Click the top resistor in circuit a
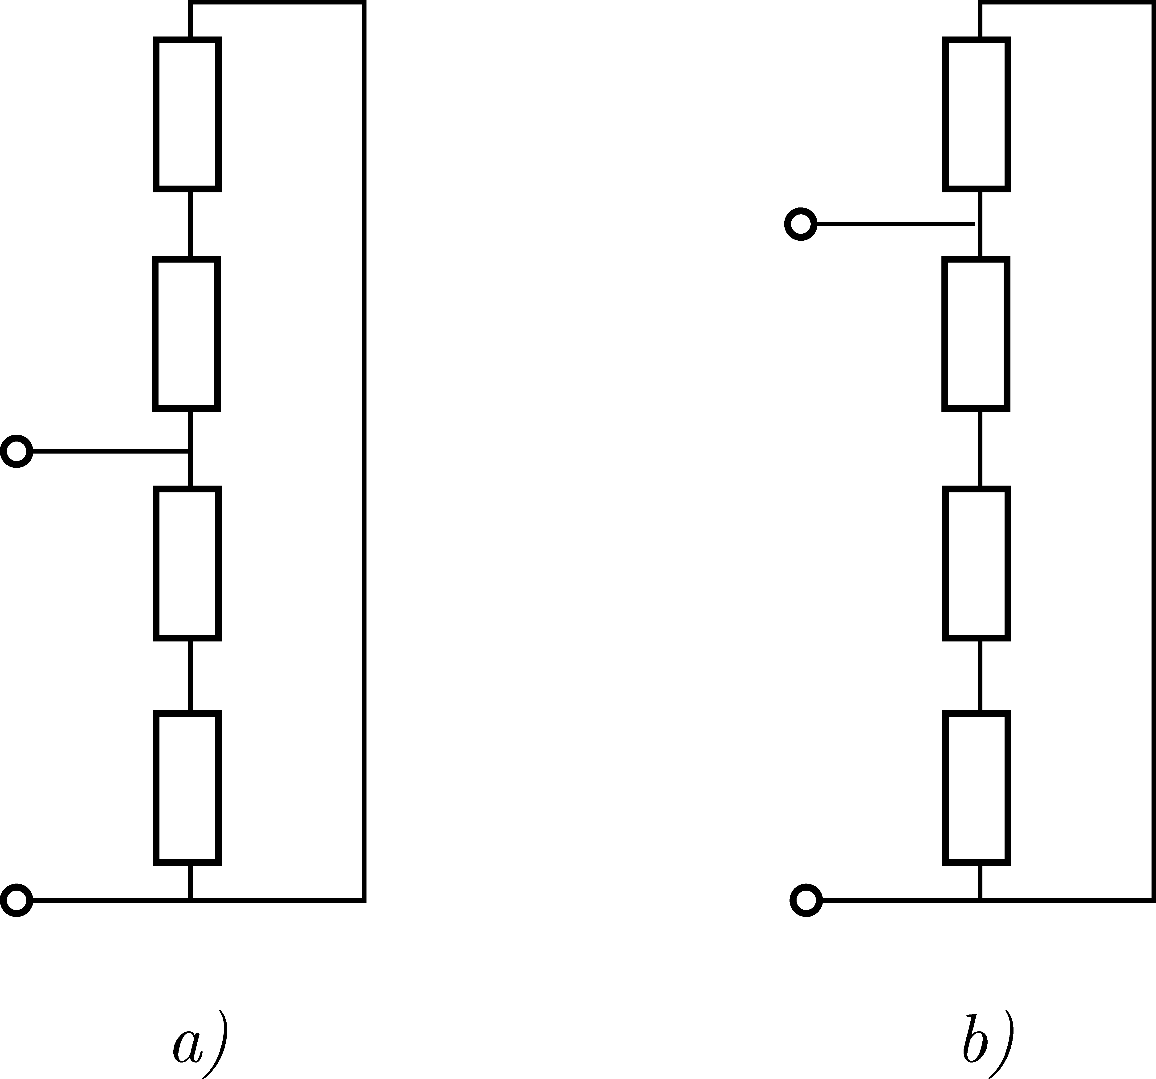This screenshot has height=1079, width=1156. pos(187,114)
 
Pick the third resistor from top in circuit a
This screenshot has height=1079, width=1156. pos(187,563)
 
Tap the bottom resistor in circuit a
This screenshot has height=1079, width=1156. pos(187,788)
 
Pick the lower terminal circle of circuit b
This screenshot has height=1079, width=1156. pos(806,901)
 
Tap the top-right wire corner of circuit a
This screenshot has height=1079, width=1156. pos(364,3)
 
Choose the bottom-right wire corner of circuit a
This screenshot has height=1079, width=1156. pos(364,901)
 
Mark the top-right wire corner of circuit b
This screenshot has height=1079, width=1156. pos(1152,3)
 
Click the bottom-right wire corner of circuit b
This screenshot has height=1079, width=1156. pos(1152,901)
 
